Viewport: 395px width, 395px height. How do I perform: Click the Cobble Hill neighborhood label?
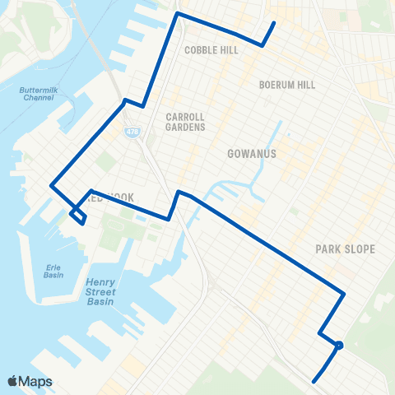211,50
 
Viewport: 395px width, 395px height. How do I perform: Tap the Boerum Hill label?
287,85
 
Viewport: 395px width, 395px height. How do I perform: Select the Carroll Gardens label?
185,122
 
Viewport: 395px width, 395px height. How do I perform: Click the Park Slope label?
345,249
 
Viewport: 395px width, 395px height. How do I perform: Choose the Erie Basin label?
54,272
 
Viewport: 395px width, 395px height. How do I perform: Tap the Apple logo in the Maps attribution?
12,381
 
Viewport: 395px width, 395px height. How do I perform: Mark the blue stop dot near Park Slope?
339,346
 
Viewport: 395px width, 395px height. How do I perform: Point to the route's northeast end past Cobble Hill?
273,23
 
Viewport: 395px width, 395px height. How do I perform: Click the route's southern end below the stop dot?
314,381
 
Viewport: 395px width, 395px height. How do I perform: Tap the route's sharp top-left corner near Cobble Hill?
177,14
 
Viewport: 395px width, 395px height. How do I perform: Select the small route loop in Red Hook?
77,216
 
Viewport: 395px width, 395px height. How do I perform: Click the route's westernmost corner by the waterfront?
51,186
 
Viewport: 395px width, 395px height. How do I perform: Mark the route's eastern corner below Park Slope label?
343,295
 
